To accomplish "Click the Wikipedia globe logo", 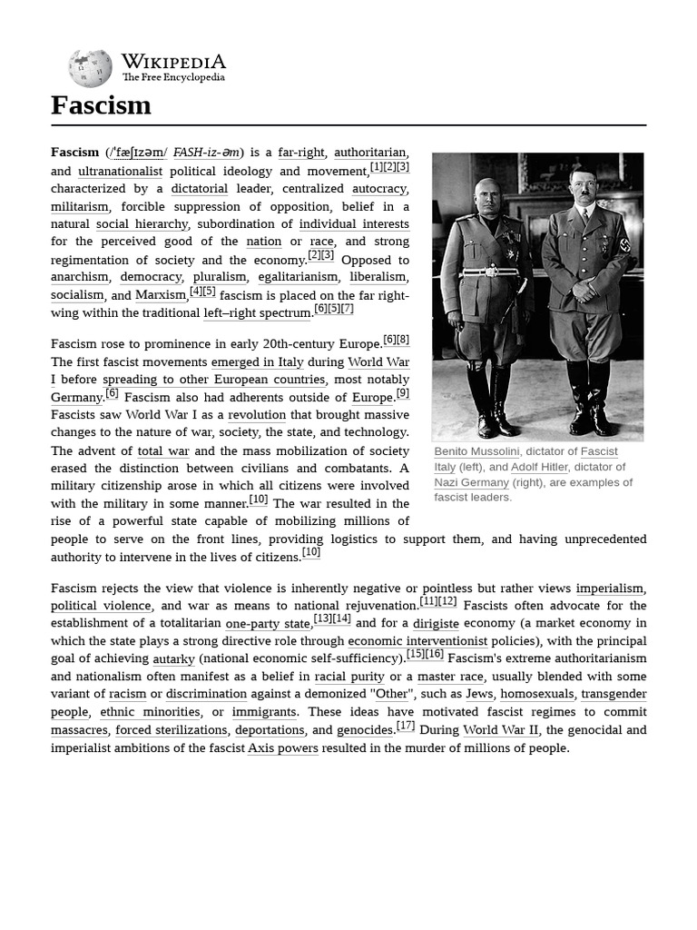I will click(x=90, y=68).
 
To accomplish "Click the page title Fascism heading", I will click(x=101, y=105).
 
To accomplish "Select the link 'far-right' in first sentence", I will click(x=301, y=153).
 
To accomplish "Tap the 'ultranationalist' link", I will click(x=120, y=171).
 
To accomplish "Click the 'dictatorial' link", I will click(x=199, y=189).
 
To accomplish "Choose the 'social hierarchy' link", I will click(x=142, y=224).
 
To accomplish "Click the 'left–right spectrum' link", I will click(x=257, y=313).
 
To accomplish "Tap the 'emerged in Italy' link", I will click(x=257, y=361).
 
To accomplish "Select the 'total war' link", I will click(x=163, y=450).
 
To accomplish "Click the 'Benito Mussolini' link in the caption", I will click(x=476, y=451).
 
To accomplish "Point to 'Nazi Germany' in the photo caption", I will click(x=471, y=482).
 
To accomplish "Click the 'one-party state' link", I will click(x=268, y=624).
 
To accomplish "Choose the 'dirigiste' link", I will click(x=436, y=624).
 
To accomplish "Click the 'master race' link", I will click(x=450, y=677).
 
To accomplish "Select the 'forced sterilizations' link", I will click(x=171, y=730).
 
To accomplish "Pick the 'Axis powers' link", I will click(x=282, y=748).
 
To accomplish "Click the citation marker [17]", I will click(x=406, y=726).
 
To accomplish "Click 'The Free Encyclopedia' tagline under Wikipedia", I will click(x=173, y=78).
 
